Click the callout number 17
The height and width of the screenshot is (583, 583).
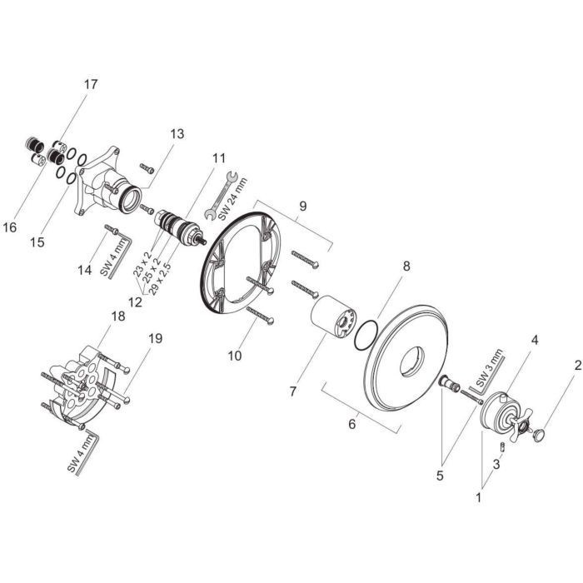point(90,84)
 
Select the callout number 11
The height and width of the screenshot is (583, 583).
point(218,157)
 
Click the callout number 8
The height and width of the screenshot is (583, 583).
point(406,267)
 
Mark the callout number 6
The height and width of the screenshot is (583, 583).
point(352,425)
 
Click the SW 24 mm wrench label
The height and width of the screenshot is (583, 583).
point(238,196)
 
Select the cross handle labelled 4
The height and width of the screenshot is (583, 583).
point(502,414)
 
